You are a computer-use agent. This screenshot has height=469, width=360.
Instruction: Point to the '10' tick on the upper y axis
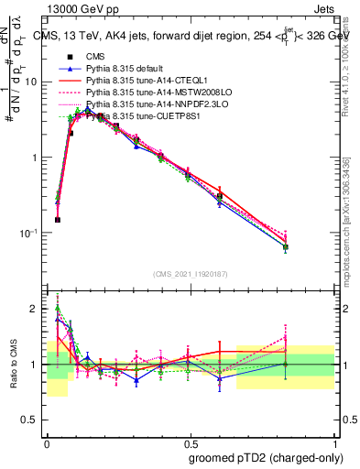click(31, 82)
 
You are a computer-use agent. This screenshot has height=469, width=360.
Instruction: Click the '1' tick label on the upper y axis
click(35, 158)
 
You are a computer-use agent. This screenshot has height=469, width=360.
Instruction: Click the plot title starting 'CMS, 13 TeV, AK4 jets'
click(192, 36)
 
